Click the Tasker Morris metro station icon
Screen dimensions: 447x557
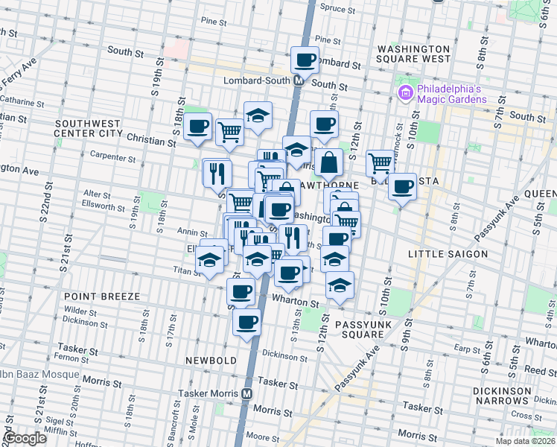pyautogui.click(x=246, y=393)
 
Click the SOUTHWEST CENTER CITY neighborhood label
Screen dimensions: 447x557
pyautogui.click(x=88, y=128)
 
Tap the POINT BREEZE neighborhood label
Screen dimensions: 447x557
pyautogui.click(x=106, y=297)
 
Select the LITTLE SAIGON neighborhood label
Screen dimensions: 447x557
pyautogui.click(x=448, y=254)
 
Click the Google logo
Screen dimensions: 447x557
pyautogui.click(x=24, y=438)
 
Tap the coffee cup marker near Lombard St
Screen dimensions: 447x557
pyautogui.click(x=305, y=59)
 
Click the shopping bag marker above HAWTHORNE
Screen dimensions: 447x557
pyautogui.click(x=328, y=162)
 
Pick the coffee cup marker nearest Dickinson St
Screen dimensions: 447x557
pyautogui.click(x=246, y=322)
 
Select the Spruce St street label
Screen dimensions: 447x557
pyautogui.click(x=337, y=9)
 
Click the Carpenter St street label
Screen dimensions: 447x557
pyautogui.click(x=112, y=157)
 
